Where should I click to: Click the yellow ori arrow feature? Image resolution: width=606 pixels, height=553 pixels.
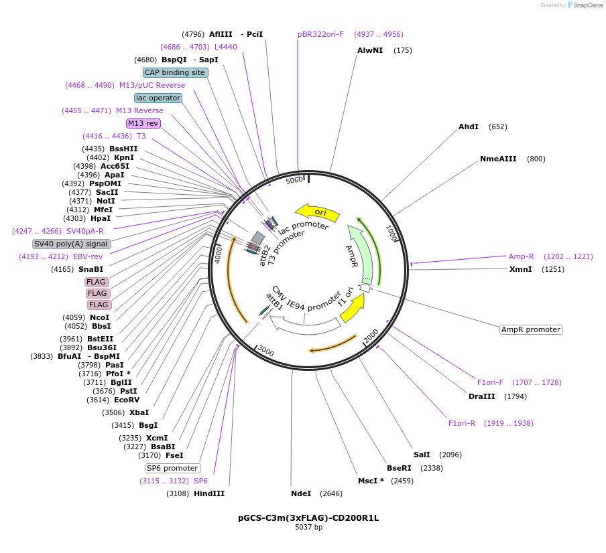317,213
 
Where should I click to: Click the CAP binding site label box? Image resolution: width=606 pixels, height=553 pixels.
175,72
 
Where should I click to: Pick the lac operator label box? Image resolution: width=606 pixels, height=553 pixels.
158,98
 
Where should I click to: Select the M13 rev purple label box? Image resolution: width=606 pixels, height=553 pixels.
143,123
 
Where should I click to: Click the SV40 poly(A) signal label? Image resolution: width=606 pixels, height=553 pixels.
72,244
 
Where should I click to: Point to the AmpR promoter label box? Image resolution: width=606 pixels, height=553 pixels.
531,329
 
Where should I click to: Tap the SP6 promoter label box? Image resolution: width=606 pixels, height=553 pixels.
172,468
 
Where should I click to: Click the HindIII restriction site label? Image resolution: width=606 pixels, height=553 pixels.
209,493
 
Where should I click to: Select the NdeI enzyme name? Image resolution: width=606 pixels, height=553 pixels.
301,493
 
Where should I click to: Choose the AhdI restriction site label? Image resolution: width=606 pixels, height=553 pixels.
469,127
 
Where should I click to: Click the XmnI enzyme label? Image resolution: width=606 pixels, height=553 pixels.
521,269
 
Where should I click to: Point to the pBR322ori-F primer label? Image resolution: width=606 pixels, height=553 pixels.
321,34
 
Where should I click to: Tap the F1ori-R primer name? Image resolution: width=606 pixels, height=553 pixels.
462,423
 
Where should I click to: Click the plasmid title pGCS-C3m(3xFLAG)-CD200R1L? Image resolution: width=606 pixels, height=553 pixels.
308,518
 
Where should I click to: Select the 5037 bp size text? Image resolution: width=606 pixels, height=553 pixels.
308,527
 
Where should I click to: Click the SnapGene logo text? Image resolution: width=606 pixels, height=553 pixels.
588,5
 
